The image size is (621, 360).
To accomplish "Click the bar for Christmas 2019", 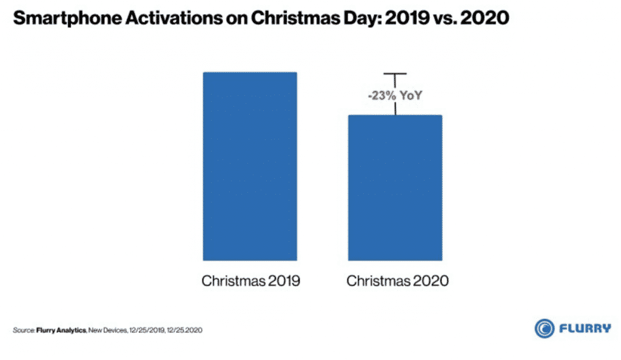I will tap(249, 166).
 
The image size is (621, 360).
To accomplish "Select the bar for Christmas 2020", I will tap(395, 187).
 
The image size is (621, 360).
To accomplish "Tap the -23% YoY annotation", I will tap(395, 95).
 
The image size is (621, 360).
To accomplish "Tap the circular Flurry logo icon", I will tap(545, 328).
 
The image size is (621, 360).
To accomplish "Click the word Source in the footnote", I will tap(21, 330).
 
